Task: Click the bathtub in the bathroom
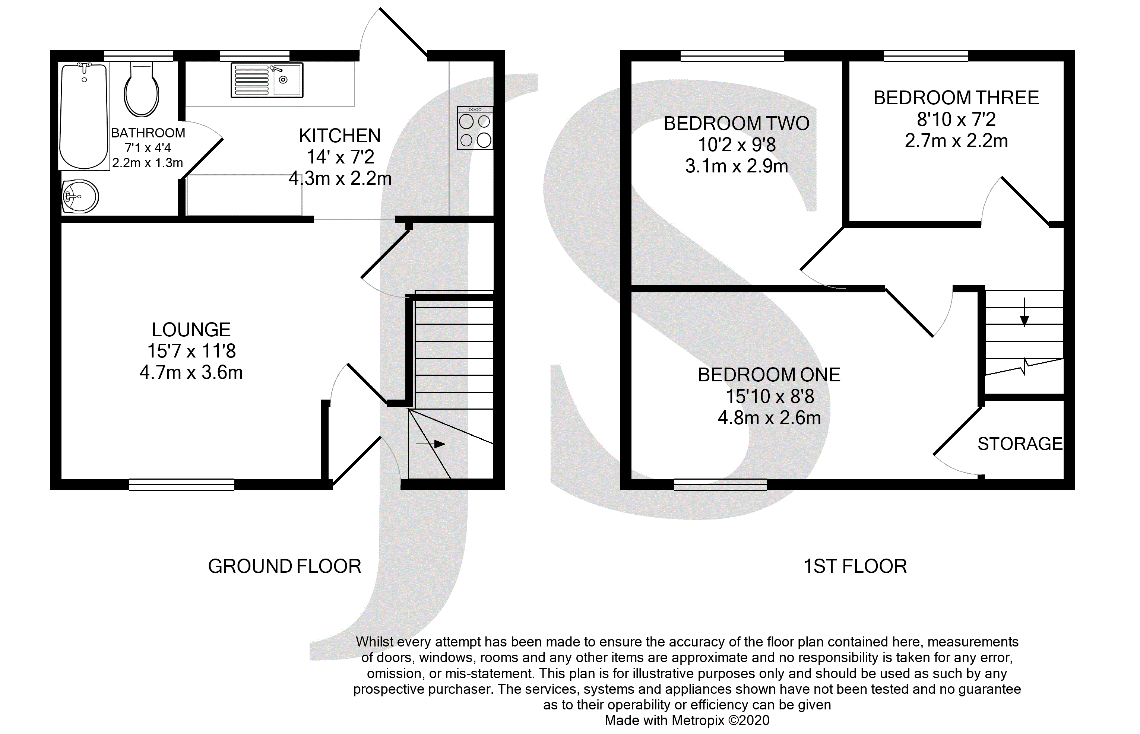84,116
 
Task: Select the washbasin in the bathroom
80,196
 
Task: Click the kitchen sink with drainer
267,80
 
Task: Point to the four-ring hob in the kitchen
475,128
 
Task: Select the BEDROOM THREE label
956,98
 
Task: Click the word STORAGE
1020,444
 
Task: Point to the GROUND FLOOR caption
285,566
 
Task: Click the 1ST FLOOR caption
855,566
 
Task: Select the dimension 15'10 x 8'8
770,396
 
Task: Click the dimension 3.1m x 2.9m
737,166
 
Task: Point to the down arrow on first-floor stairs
1024,312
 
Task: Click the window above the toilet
138,56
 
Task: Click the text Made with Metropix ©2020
687,720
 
